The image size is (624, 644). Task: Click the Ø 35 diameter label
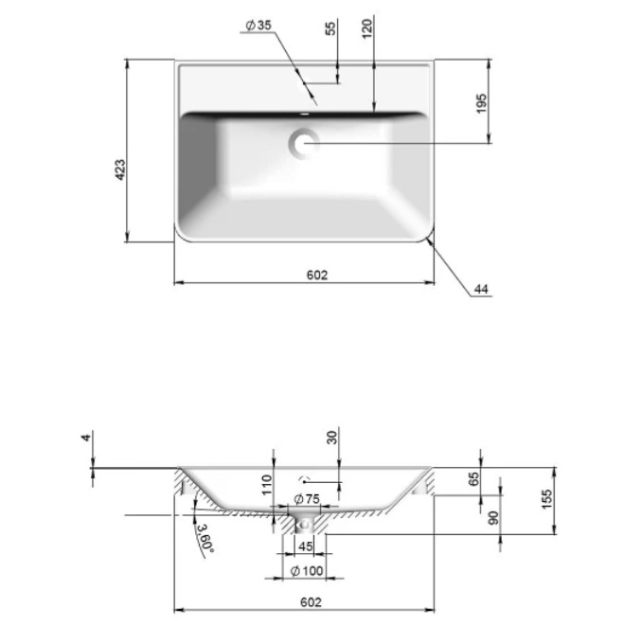pos(259,25)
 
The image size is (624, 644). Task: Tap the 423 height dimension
pos(120,170)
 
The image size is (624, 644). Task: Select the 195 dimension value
pos(481,103)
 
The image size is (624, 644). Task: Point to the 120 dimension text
pos(367,28)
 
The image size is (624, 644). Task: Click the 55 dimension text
pos(330,27)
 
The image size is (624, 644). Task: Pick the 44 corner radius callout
pos(481,289)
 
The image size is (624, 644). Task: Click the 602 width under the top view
pos(317,275)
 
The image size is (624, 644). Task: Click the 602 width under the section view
pos(311,602)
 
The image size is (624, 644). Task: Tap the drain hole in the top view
pos(304,144)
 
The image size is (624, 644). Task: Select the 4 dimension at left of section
pos(86,438)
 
